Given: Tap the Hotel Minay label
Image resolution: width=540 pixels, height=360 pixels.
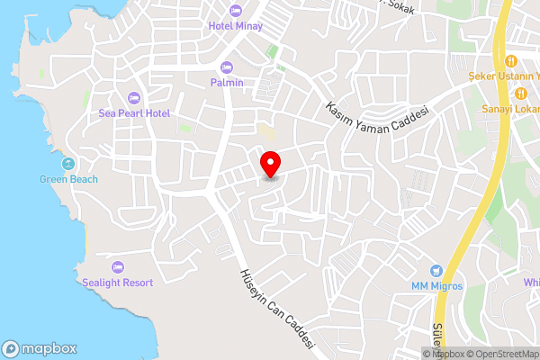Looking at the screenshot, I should (235, 26).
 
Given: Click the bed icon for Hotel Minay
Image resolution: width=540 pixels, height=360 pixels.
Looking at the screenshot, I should (236, 10).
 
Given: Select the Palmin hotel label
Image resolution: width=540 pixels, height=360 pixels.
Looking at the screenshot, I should (226, 83).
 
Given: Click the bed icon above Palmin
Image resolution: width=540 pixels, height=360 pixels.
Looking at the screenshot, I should (226, 67).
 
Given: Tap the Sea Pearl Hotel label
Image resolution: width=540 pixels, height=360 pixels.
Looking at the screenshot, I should (134, 113).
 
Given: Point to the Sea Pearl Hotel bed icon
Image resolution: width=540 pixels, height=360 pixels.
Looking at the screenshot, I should (134, 97).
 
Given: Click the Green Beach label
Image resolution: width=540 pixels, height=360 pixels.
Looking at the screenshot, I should (68, 179).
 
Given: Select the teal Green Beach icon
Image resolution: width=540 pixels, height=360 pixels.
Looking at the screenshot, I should (68, 163).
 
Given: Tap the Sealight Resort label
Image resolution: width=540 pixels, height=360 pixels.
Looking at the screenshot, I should (119, 283).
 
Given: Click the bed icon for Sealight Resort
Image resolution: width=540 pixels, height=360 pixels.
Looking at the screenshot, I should (118, 266).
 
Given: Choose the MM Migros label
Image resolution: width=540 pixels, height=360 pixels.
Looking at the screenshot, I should (436, 286).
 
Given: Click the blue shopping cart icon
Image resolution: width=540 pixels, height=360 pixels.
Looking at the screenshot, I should (436, 270).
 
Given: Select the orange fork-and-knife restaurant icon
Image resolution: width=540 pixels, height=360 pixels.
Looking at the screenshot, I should (509, 60).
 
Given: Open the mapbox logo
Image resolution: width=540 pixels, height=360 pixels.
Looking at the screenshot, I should (40, 348).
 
